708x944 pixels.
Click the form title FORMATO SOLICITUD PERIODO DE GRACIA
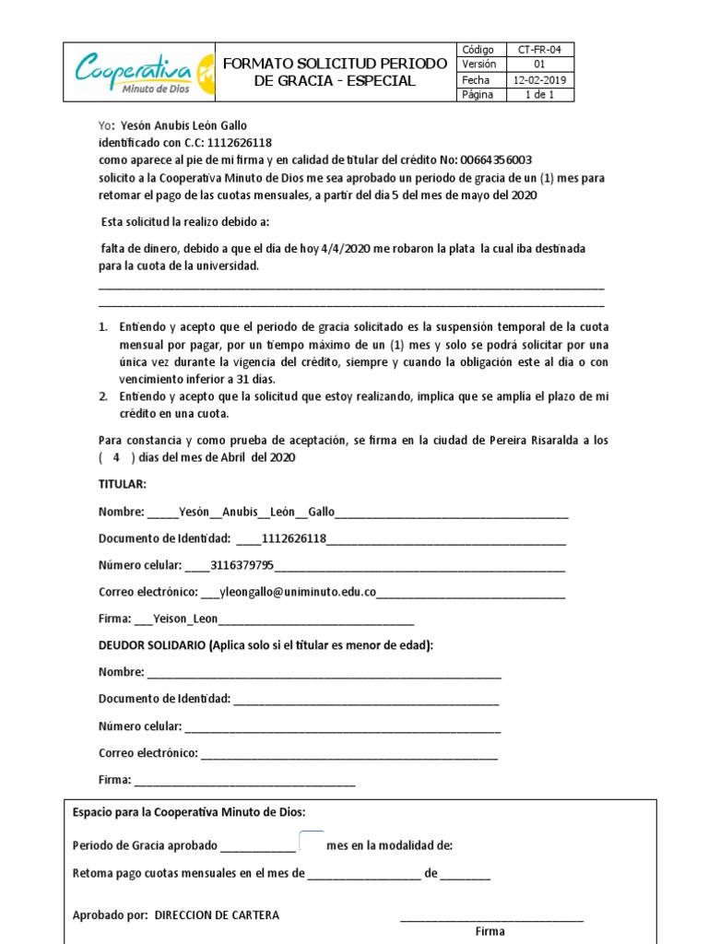tap(335, 72)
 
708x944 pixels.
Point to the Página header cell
tap(478, 95)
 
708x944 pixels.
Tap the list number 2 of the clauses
tap(103, 396)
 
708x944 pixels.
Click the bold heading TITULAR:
tap(123, 484)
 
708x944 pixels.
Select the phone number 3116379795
tap(242, 565)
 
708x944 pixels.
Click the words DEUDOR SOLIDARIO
tap(152, 645)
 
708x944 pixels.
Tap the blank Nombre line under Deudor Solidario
tap(323, 673)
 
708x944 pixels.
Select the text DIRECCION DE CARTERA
tap(218, 915)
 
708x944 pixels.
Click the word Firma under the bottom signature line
tap(490, 931)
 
